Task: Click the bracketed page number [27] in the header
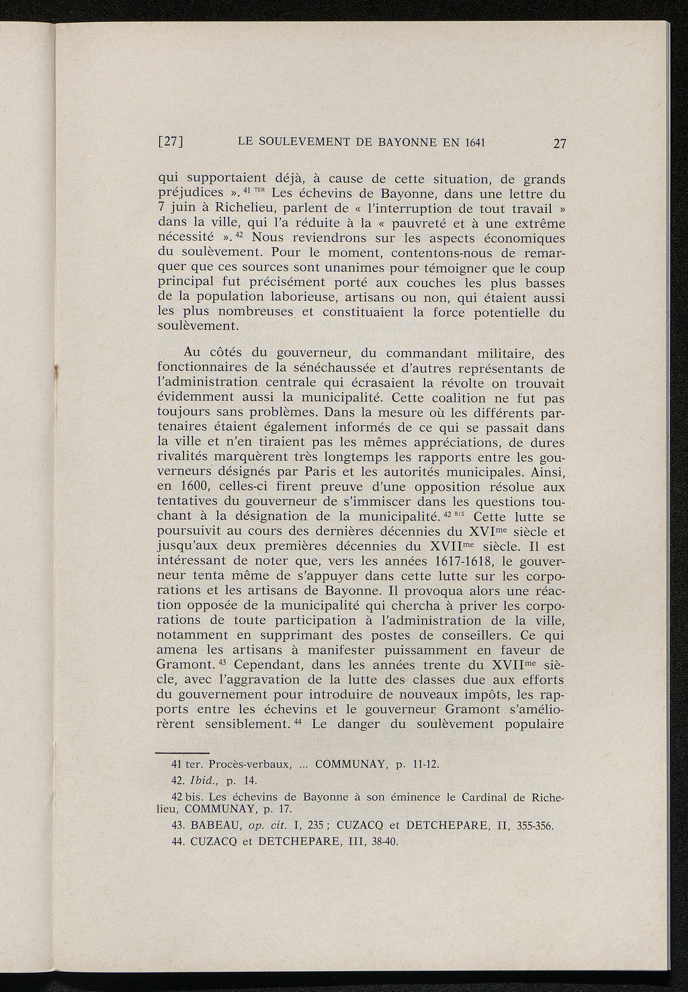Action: pos(171,142)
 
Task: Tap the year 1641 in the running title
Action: pos(472,142)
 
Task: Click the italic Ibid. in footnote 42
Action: pos(204,780)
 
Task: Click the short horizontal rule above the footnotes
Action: pos(183,753)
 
